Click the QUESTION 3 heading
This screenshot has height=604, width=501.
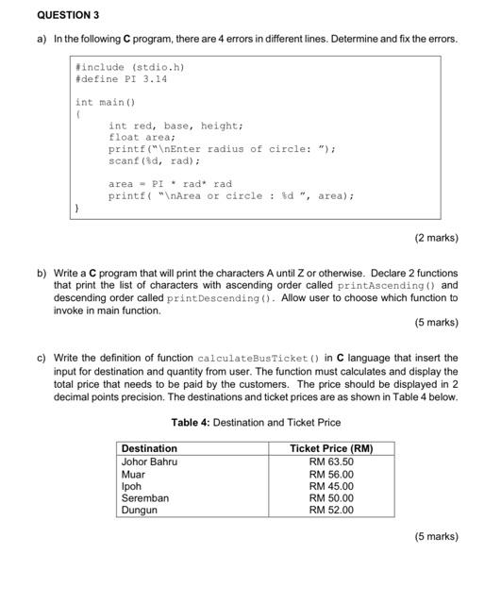[x=67, y=16]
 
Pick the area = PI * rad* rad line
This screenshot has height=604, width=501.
[x=170, y=184]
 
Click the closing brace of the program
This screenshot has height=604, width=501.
[x=77, y=208]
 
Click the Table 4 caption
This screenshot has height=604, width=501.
[x=256, y=422]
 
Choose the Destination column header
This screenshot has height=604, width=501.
[x=149, y=448]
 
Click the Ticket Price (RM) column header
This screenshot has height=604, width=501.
[x=331, y=448]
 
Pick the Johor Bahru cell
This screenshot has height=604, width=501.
[x=149, y=461]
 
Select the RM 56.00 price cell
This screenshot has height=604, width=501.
[x=331, y=475]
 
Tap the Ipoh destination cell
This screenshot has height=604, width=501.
[x=132, y=487]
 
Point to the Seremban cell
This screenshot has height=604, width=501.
[x=145, y=498]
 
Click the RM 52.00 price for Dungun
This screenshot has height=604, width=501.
[x=331, y=511]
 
